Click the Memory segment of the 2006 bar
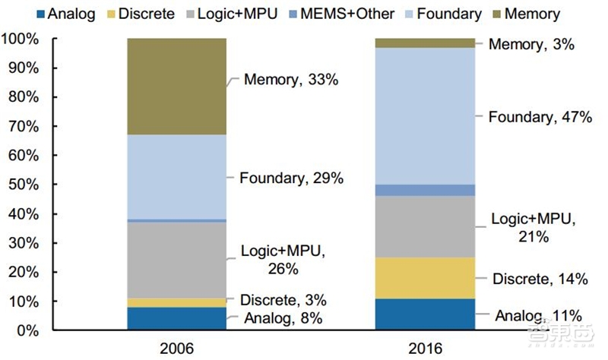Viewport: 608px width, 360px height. (176, 86)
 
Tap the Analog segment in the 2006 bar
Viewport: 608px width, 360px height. (176, 319)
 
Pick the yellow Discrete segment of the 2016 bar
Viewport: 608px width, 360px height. (426, 278)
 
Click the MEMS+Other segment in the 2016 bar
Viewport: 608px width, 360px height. (426, 190)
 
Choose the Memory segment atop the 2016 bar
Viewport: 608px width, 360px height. (426, 43)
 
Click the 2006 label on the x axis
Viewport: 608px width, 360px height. (176, 348)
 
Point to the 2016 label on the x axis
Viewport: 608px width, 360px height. (426, 348)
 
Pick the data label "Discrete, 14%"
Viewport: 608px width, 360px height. (540, 279)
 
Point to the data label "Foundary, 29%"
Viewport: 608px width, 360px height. (292, 178)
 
